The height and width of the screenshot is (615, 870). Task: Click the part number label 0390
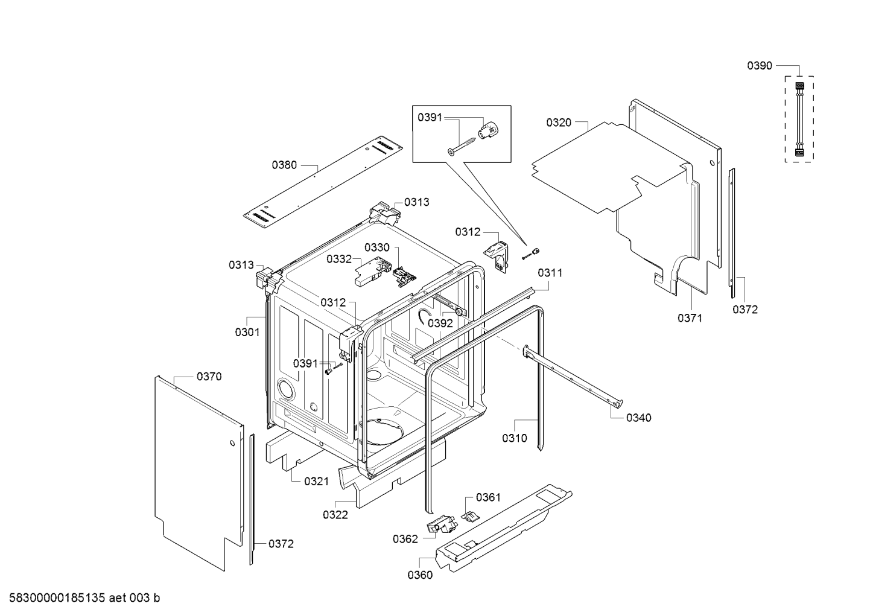click(759, 66)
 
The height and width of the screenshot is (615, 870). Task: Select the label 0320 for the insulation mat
click(558, 123)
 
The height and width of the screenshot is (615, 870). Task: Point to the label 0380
click(284, 164)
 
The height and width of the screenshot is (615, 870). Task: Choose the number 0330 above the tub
click(377, 247)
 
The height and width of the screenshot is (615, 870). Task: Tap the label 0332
click(339, 259)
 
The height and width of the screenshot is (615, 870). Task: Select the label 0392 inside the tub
click(440, 323)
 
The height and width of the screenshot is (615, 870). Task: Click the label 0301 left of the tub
click(247, 332)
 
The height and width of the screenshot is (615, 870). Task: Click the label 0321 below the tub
click(316, 481)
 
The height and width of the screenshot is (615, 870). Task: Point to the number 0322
click(335, 515)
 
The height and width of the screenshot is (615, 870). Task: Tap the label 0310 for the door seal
click(514, 438)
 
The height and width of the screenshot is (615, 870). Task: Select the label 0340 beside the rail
click(638, 418)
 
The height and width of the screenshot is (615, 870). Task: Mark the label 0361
click(488, 497)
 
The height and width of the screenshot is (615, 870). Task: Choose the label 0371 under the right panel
click(690, 318)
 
